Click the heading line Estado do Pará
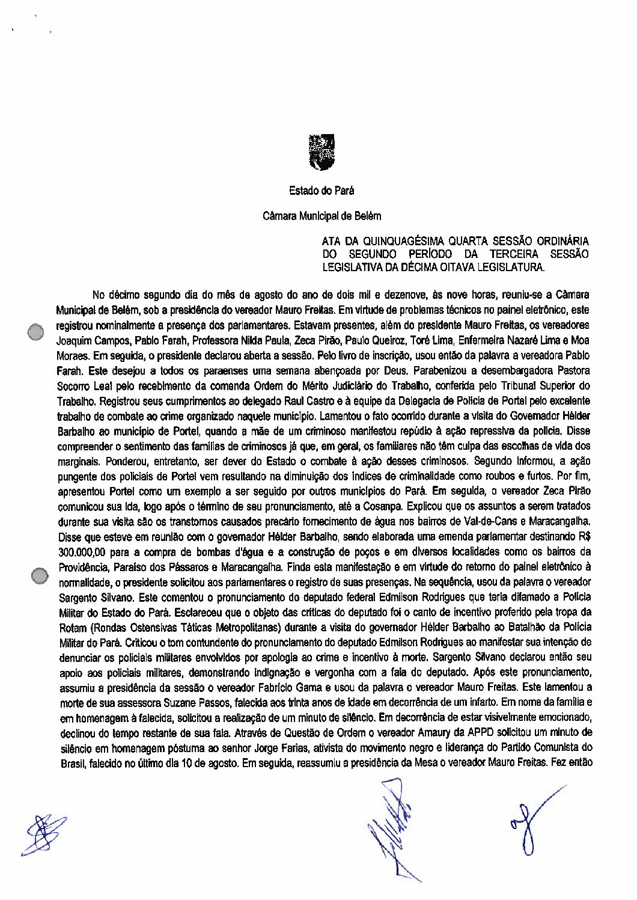(x=322, y=191)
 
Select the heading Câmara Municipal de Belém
(x=322, y=215)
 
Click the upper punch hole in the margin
(x=36, y=331)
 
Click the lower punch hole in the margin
(x=40, y=575)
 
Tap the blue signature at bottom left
(x=42, y=834)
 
